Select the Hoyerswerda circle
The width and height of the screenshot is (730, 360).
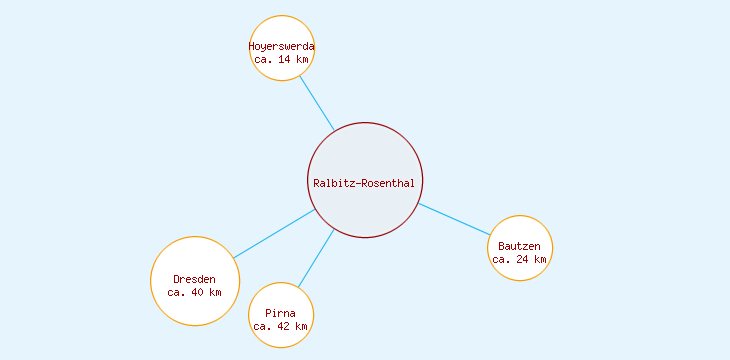tap(281, 30)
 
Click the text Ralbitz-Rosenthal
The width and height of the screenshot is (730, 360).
tap(364, 183)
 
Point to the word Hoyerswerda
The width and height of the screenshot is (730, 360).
tap(281, 46)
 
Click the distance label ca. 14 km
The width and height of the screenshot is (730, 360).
tap(281, 60)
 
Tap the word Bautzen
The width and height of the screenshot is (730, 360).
tap(519, 246)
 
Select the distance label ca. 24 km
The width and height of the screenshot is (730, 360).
tap(519, 259)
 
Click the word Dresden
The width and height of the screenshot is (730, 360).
tap(194, 279)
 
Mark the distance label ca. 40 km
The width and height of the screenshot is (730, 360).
tap(194, 292)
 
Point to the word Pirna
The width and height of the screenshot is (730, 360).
tap(281, 314)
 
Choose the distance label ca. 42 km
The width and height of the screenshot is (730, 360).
tap(281, 327)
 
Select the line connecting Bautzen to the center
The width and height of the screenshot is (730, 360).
tap(454, 219)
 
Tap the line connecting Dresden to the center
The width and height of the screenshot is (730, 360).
tap(274, 234)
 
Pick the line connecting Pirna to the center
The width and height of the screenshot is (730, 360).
tap(316, 260)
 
